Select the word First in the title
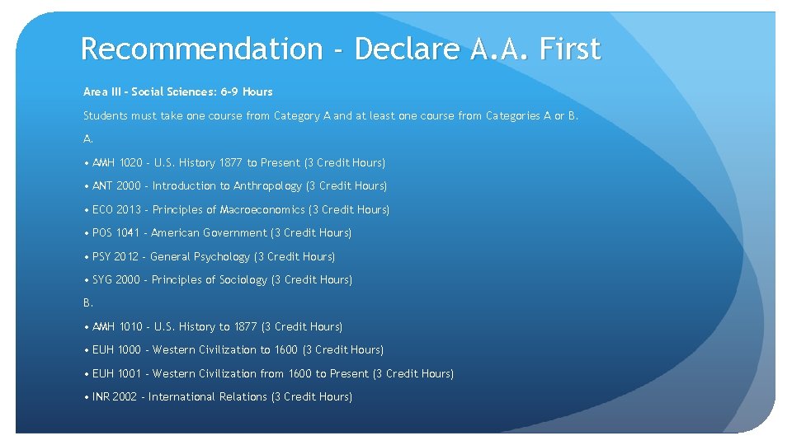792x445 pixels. pos(569,49)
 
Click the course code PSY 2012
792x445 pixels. pos(115,257)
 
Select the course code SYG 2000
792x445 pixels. pos(115,280)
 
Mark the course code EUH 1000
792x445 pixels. pos(116,350)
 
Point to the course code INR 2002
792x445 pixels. pos(115,397)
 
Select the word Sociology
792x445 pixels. pos(243,280)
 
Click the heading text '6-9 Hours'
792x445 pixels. pos(247,91)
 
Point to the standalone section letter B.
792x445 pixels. pos(87,303)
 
